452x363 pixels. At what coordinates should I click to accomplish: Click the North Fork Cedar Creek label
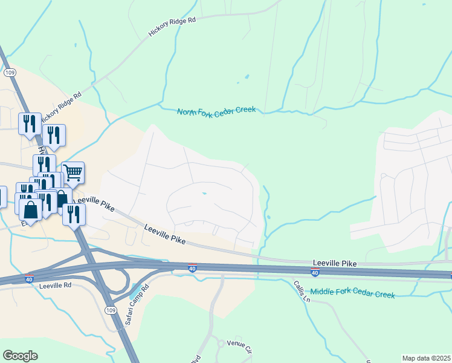point(216,111)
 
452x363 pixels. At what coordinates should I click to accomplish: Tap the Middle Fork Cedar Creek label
point(353,293)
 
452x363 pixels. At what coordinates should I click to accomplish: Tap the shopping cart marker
point(73,172)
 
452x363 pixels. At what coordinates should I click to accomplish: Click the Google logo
point(20,356)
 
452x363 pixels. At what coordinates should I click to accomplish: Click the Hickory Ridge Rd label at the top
point(173,28)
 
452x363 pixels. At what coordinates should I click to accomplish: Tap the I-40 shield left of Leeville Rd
point(29,279)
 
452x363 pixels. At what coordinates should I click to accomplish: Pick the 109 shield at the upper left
point(9,72)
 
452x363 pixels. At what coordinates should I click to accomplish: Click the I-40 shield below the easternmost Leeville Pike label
point(315,273)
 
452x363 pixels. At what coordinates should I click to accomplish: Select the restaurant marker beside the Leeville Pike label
point(74,214)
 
